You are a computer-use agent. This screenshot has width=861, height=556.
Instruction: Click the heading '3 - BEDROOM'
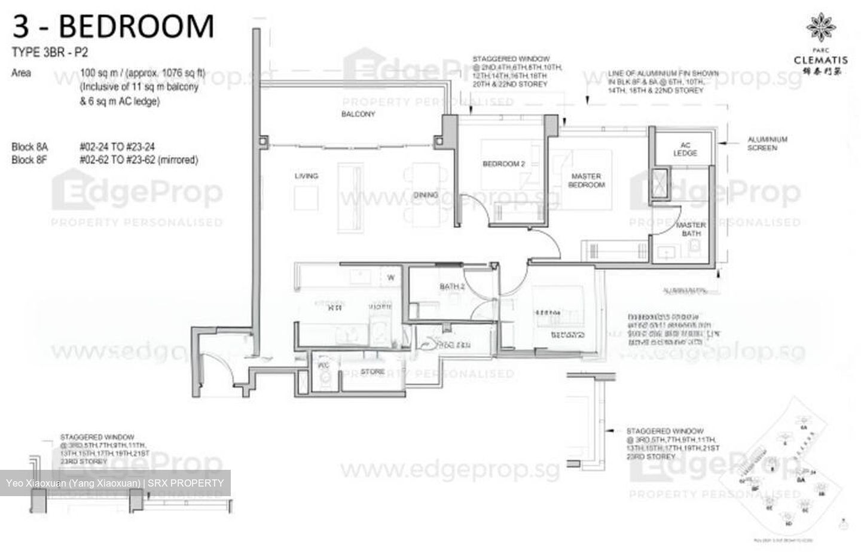point(113,26)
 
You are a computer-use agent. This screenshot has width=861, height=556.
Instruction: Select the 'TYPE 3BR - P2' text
point(50,53)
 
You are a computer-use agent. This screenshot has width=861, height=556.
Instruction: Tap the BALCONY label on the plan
point(358,114)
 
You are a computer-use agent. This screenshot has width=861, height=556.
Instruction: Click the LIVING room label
point(306,176)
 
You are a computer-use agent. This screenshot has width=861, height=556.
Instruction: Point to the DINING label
point(426,195)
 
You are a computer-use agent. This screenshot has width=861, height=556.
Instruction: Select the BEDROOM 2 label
point(503,164)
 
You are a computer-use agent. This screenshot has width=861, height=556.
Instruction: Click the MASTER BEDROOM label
point(586,181)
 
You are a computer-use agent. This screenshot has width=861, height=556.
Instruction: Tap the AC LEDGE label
point(685,149)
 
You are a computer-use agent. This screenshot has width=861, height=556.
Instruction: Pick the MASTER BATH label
point(691,229)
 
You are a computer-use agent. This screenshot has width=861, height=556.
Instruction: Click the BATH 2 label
point(452,287)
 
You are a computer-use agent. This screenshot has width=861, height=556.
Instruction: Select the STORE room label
point(373,372)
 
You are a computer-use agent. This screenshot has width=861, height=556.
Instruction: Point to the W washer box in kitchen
point(391,278)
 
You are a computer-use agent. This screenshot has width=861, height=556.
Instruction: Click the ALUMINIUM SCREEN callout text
point(767,144)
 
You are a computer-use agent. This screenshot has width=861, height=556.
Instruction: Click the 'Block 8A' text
point(30,147)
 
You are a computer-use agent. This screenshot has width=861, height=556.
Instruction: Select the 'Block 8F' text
point(29,160)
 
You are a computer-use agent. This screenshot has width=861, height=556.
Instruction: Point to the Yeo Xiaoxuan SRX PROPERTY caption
point(115,483)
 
